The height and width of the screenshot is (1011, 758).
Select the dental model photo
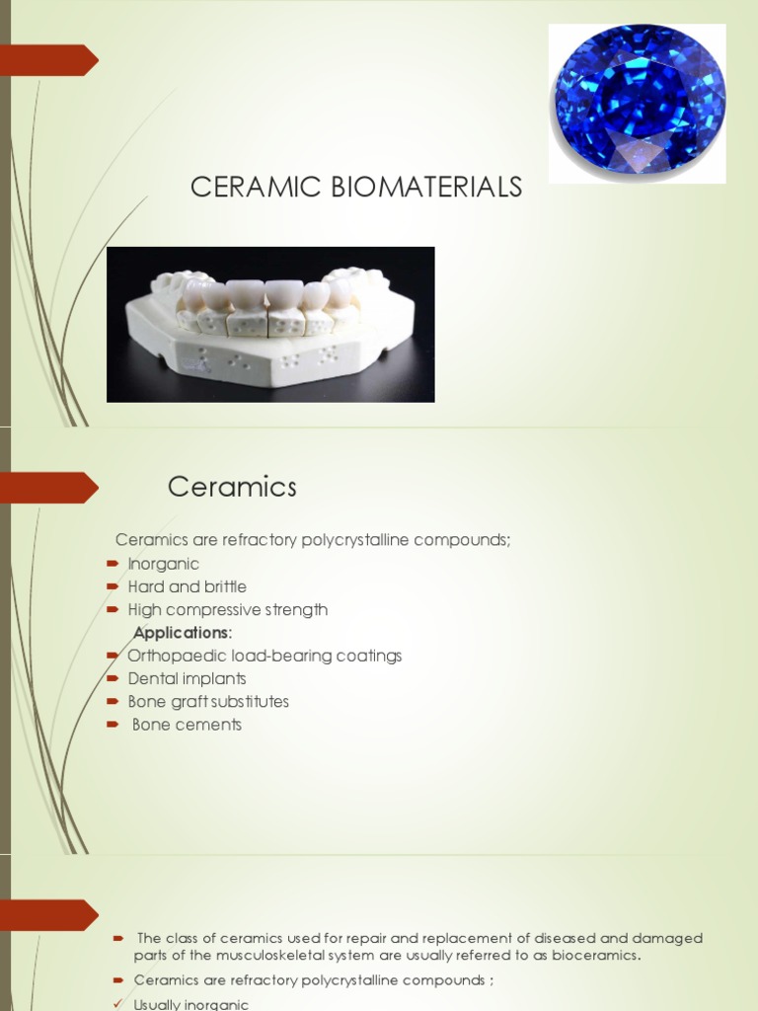point(270,324)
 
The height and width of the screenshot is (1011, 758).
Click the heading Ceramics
point(232,487)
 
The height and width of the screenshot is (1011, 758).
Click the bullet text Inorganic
point(163,564)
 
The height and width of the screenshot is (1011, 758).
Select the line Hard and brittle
point(187,586)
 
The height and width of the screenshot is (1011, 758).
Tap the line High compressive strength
point(227,610)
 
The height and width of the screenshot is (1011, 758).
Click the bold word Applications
point(181,633)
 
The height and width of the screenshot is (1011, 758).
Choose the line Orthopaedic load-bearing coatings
point(265,656)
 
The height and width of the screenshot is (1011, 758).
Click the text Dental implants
point(187,678)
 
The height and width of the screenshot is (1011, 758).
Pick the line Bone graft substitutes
point(208,702)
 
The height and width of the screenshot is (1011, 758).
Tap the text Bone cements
point(187,725)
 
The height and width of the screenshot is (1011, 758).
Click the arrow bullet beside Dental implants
point(112,679)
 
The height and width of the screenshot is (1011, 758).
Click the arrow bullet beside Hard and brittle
point(112,587)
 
